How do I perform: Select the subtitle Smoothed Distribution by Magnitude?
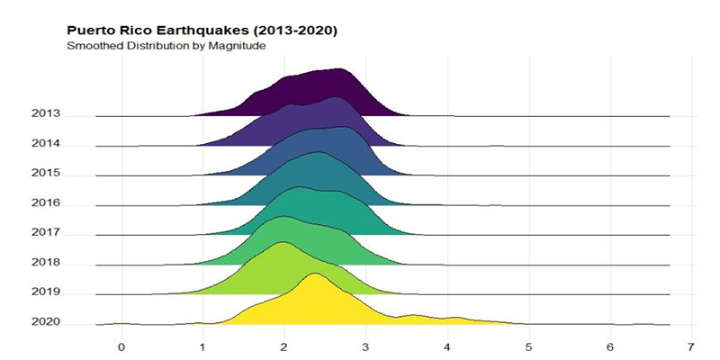coord(165,45)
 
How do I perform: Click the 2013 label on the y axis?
coord(45,113)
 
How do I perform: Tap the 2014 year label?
coord(45,143)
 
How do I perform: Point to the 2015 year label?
coord(45,173)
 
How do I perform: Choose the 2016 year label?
coord(45,202)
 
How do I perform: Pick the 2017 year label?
coord(45,232)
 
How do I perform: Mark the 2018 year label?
coord(45,262)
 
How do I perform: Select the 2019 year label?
coord(45,292)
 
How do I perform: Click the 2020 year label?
coord(45,321)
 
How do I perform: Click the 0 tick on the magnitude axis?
coord(121,346)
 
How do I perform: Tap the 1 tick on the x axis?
coord(202,346)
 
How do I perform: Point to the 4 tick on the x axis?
coord(447,346)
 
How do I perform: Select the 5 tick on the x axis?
coord(529,346)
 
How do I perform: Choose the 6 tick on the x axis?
coord(610,346)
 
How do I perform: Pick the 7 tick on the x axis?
coord(691,346)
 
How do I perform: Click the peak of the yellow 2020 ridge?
coord(315,274)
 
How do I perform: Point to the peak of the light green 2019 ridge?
coord(283,243)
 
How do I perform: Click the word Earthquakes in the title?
coord(191,31)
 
